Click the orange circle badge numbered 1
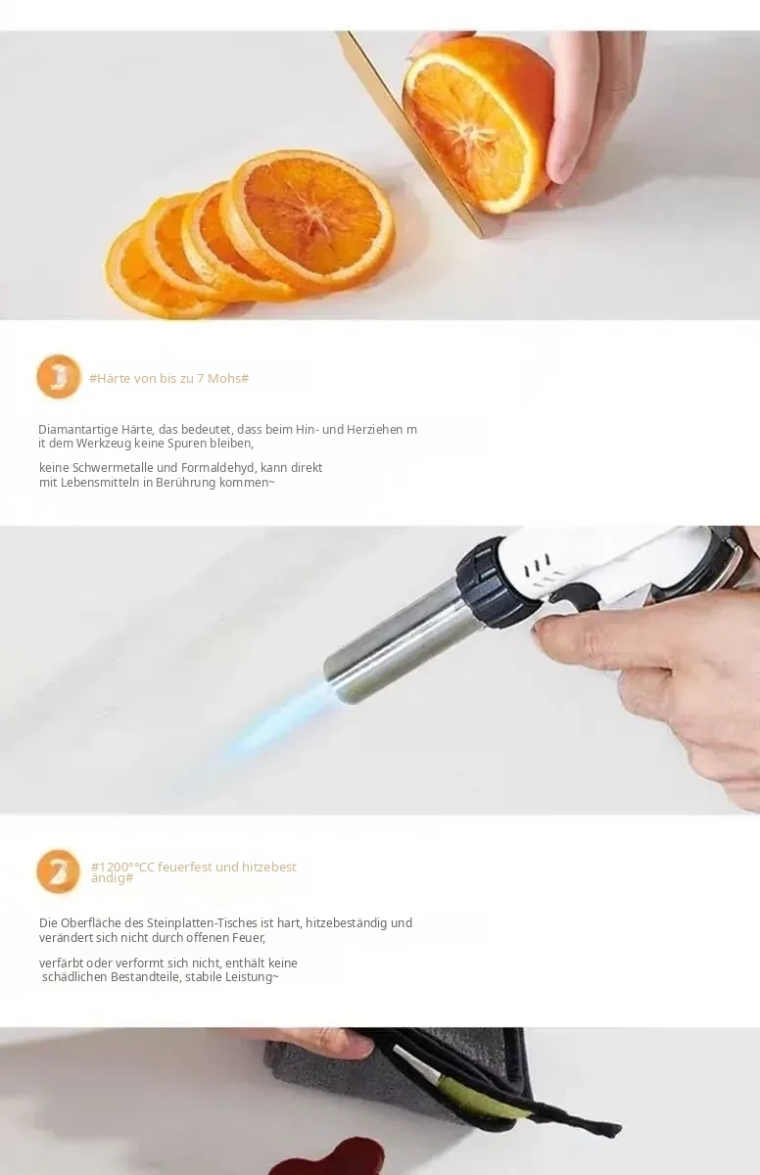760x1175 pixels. [x=59, y=377]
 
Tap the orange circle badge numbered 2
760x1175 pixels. [x=58, y=871]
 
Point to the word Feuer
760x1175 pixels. [x=249, y=937]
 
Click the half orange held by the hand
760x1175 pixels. [x=477, y=123]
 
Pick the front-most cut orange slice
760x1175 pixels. [x=312, y=219]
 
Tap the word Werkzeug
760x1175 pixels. [x=104, y=444]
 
